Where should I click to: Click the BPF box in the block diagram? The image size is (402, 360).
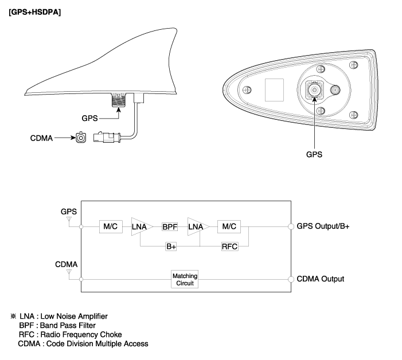pyautogui.click(x=170, y=226)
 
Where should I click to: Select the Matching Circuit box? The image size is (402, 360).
pyautogui.click(x=185, y=279)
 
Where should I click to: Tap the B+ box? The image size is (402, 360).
pyautogui.click(x=171, y=246)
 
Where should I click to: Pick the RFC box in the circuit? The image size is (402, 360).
pyautogui.click(x=229, y=246)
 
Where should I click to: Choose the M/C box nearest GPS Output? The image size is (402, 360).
pyautogui.click(x=229, y=226)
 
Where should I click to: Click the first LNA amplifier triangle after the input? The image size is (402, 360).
pyautogui.click(x=140, y=226)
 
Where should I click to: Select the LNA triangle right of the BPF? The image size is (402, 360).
pyautogui.click(x=197, y=226)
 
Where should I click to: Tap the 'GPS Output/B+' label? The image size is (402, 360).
pyautogui.click(x=323, y=226)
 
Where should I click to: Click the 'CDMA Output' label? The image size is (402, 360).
pyautogui.click(x=320, y=279)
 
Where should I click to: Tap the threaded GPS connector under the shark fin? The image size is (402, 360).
pyautogui.click(x=119, y=100)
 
